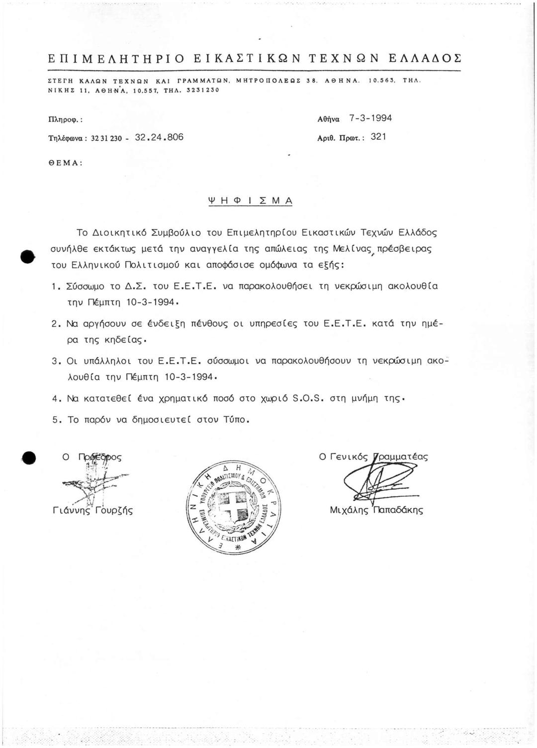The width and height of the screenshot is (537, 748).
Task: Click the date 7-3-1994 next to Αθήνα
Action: click(370, 118)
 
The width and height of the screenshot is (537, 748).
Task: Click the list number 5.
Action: click(56, 420)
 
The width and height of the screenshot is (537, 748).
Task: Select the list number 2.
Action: click(56, 324)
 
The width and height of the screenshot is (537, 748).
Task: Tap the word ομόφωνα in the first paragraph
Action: click(277, 265)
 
